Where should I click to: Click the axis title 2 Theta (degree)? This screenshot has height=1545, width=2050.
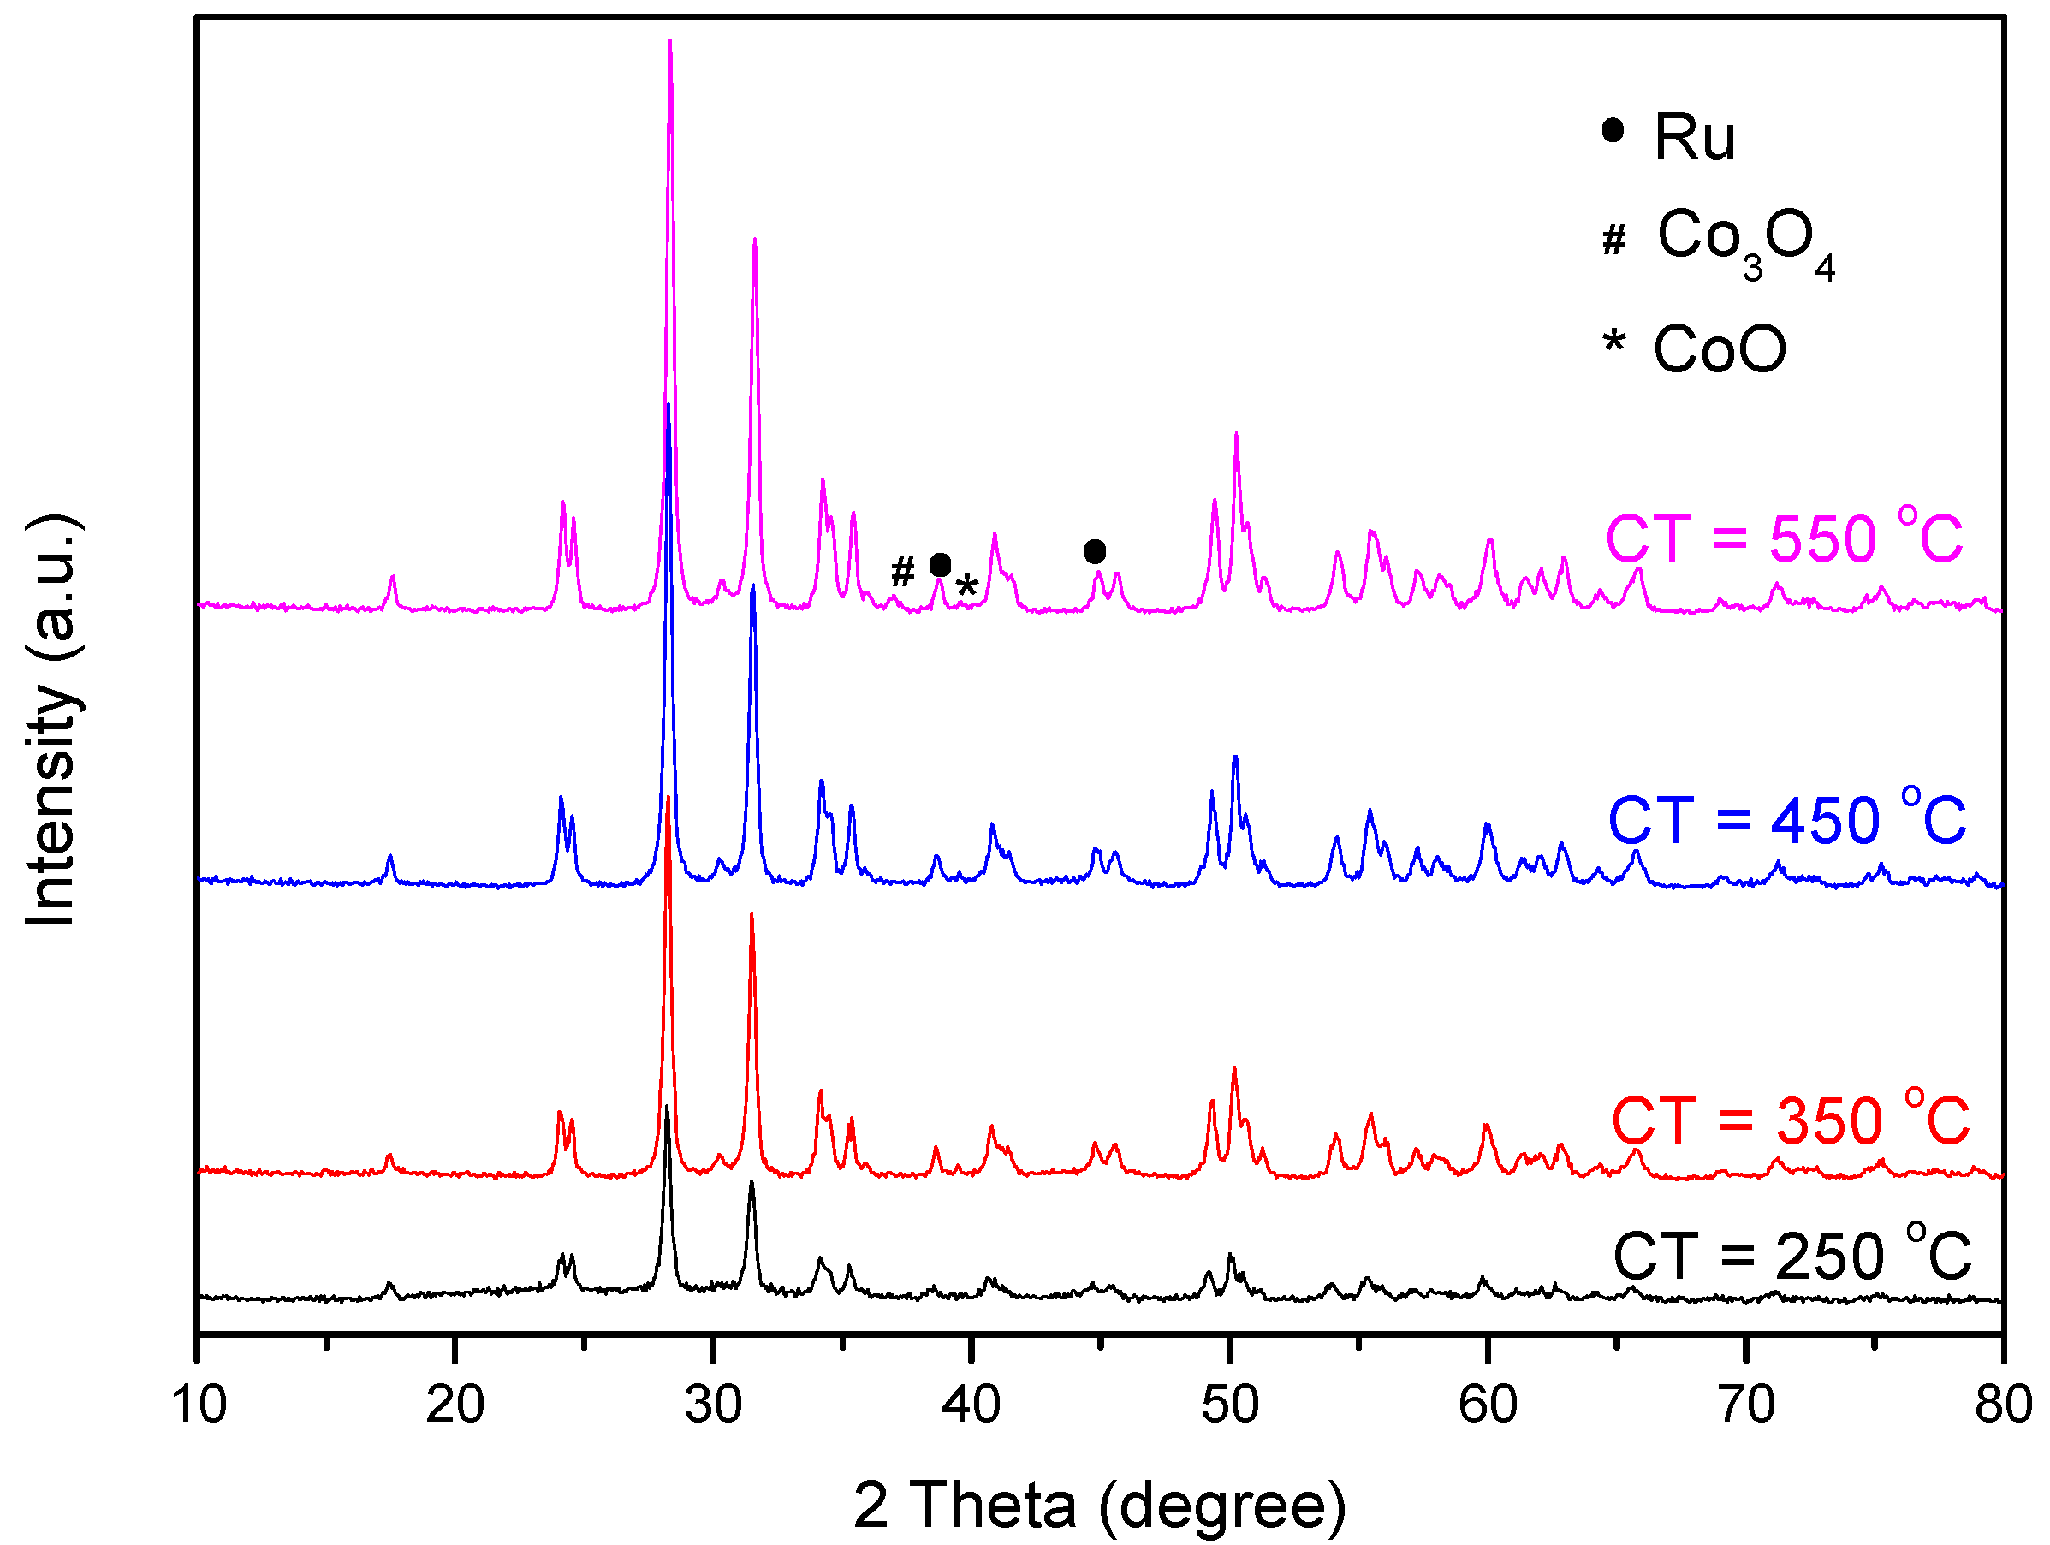(x=1099, y=1505)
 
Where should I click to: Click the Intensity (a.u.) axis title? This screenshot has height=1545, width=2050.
(x=52, y=719)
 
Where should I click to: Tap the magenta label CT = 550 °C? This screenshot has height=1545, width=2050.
(x=1783, y=538)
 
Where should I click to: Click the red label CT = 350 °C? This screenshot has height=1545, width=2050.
(x=1790, y=1120)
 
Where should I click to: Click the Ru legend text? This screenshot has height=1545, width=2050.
(x=1694, y=137)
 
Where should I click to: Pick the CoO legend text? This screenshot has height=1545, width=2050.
(x=1719, y=349)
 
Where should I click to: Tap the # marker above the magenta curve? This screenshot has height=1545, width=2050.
(x=901, y=572)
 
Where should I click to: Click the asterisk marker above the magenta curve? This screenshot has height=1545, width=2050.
(x=966, y=585)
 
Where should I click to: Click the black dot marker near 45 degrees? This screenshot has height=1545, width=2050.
(x=1095, y=551)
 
